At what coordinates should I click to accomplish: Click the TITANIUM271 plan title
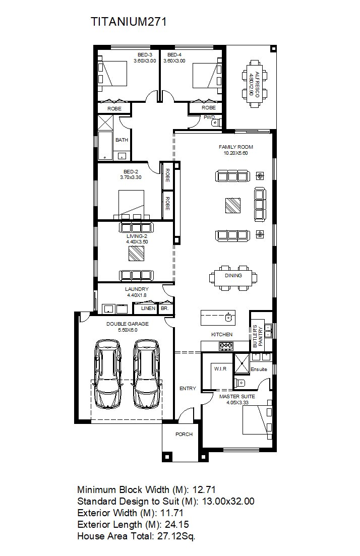point(129,22)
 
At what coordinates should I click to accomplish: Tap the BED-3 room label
point(145,54)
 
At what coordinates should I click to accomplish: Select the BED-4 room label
point(174,54)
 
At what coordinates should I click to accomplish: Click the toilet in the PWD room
point(216,122)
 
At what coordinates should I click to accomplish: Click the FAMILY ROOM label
point(236,147)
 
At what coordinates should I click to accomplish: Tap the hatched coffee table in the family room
point(233,205)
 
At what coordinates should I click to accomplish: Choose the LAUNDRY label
point(137,289)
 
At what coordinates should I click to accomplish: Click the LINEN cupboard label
point(148,308)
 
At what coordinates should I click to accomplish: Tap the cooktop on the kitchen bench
point(226,345)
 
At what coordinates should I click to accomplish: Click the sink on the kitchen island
point(229,317)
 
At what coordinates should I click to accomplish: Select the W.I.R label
point(220,369)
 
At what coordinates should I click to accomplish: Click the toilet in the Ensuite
point(239,383)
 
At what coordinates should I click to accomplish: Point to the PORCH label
point(184,434)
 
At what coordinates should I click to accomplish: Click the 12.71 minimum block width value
point(204,489)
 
